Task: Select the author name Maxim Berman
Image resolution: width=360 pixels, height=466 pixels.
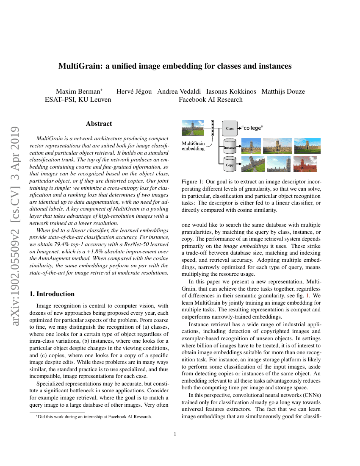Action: [78, 92]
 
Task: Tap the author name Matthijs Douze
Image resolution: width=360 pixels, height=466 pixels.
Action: [283, 92]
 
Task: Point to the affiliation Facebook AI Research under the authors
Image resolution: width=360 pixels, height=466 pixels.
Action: [210, 100]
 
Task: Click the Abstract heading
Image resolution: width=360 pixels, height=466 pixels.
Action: [99, 124]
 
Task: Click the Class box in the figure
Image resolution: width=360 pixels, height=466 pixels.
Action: [230, 128]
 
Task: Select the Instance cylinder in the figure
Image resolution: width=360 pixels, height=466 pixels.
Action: [230, 147]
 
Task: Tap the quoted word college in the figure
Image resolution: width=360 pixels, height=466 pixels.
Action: [253, 128]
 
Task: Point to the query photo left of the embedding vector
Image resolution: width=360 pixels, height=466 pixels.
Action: [192, 128]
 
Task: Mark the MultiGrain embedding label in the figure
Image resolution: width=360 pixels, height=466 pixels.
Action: [193, 146]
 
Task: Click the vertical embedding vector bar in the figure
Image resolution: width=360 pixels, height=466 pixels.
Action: [213, 127]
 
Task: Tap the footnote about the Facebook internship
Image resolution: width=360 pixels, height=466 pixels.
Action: [94, 416]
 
